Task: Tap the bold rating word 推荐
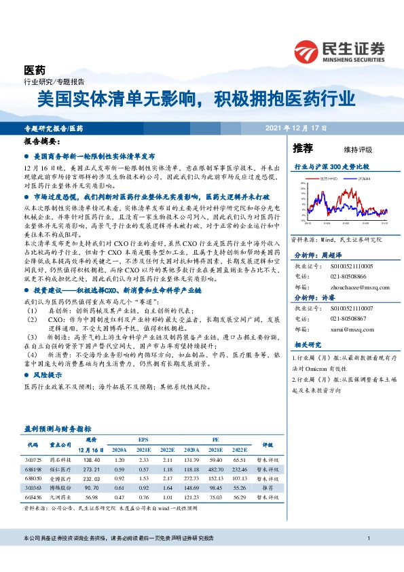pos(303,147)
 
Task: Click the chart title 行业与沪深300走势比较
pos(331,166)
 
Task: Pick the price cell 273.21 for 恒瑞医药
pos(91,469)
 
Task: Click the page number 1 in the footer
pos(367,539)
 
